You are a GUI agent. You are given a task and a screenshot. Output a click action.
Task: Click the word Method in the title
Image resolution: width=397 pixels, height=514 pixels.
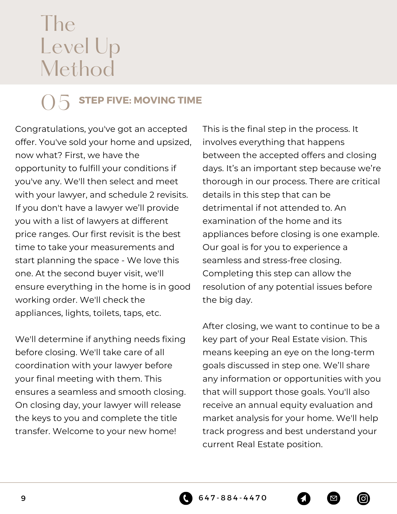(77, 69)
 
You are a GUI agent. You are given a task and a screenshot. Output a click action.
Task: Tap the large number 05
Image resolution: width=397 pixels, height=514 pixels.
(56, 102)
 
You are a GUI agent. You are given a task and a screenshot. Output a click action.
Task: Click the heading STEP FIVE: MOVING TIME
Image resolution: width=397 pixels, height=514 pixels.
(140, 100)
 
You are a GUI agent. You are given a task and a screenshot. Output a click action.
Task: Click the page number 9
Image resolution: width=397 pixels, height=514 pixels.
(23, 498)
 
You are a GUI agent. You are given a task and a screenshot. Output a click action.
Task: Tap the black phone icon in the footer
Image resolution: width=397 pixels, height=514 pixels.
(186, 498)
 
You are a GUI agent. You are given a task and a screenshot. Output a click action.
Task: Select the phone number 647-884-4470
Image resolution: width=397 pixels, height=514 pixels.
(233, 498)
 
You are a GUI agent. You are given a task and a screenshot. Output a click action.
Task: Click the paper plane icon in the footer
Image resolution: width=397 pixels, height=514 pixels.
(304, 498)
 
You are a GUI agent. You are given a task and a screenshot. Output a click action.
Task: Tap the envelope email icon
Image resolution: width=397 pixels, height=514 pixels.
(334, 498)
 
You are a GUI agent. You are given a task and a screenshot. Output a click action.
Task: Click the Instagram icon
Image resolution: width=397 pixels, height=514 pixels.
(363, 499)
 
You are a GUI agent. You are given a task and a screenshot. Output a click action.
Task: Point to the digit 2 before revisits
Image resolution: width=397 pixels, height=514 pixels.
(152, 195)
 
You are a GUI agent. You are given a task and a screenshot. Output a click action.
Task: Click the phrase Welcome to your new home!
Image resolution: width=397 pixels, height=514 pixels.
(115, 431)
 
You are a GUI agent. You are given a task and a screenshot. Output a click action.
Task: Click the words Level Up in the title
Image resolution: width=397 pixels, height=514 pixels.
(80, 46)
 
